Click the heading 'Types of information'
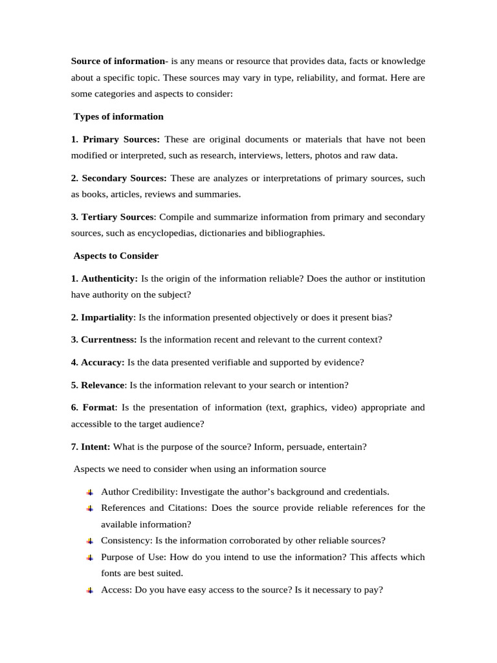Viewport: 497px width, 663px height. [x=118, y=117]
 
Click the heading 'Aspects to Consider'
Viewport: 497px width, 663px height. [x=116, y=256]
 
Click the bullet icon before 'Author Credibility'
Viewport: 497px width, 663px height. [x=90, y=492]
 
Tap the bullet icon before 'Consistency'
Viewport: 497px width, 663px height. [x=90, y=541]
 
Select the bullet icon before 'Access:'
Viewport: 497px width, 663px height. [x=90, y=590]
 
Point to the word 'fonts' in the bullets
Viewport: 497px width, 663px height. [x=112, y=573]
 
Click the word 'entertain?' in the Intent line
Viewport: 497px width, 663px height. [x=345, y=447]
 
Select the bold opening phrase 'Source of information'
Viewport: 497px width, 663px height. [x=118, y=62]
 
